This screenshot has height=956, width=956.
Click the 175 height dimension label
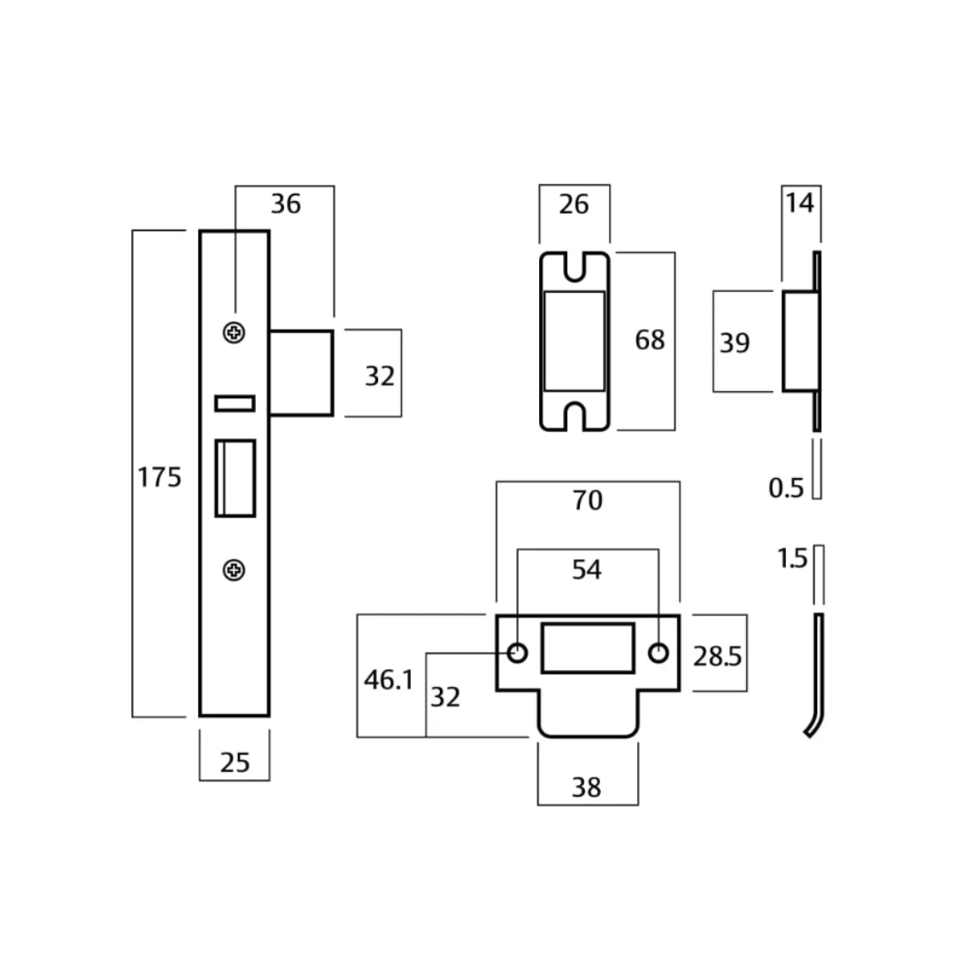click(159, 478)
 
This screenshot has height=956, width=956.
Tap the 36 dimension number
click(285, 204)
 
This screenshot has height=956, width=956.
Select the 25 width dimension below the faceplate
click(235, 761)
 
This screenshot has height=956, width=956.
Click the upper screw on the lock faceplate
click(235, 333)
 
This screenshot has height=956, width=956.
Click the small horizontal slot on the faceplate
click(235, 404)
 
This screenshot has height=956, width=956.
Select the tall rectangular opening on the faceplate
click(235, 478)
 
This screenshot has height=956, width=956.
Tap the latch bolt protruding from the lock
click(301, 373)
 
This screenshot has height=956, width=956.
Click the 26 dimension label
click(574, 204)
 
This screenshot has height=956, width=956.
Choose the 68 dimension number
click(649, 340)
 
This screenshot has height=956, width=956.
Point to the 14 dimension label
click(798, 203)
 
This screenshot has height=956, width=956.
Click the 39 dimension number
click(734, 343)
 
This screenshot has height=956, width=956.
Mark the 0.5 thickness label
click(785, 488)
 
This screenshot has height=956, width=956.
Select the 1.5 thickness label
click(792, 559)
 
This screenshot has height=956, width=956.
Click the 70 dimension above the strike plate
click(587, 500)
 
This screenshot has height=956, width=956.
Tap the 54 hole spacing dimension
click(587, 570)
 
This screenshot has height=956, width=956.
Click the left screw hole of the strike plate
click(517, 653)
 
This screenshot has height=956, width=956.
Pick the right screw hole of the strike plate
click(658, 653)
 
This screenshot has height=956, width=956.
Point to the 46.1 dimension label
click(389, 680)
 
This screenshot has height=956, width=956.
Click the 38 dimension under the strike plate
click(586, 786)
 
